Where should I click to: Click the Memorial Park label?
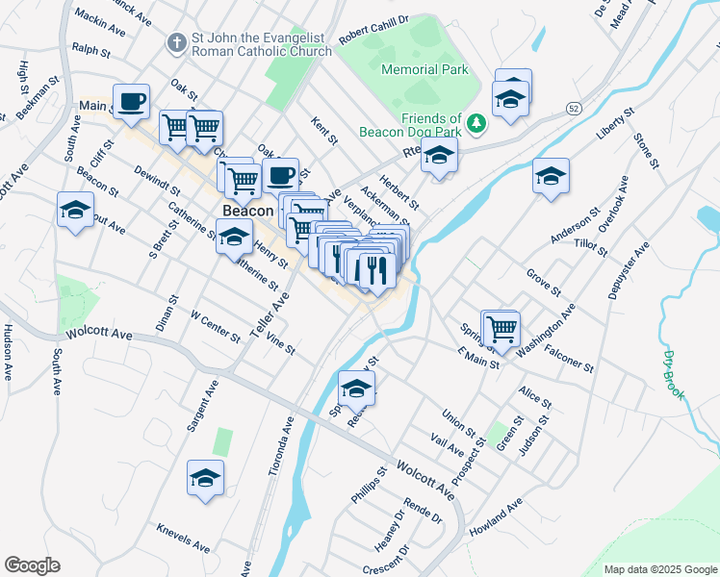point(424,69)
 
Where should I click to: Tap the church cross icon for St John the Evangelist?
point(176,42)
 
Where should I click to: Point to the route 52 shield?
point(573,106)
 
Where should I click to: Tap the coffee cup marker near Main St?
point(131,100)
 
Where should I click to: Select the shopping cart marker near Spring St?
point(501,328)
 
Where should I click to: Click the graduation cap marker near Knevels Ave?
point(205,477)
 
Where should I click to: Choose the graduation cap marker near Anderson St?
point(551,176)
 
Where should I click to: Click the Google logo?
point(32,565)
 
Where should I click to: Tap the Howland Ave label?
point(495,517)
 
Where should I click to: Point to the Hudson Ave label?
point(9,352)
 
